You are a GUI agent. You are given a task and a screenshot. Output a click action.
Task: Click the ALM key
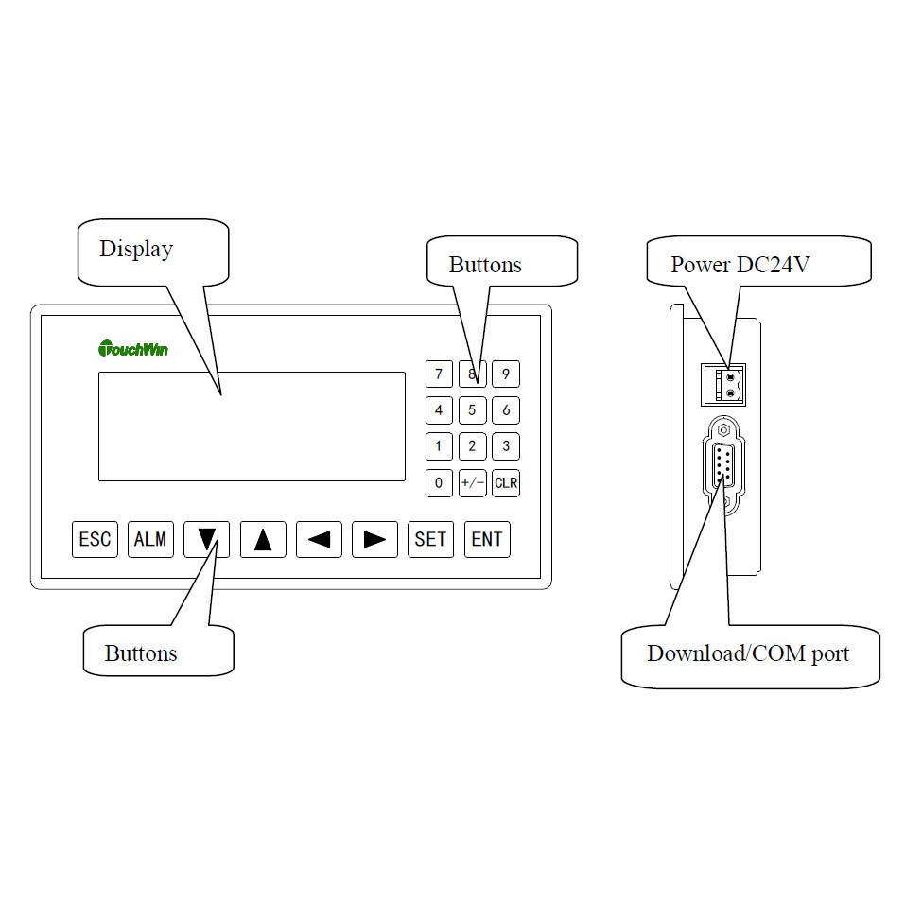coord(150,540)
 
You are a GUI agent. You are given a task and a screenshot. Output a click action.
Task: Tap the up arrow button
coord(263,540)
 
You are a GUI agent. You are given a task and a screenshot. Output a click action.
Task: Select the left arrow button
coord(320,540)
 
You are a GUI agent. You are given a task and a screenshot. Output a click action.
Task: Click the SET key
coord(430,540)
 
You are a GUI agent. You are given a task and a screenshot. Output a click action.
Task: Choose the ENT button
coord(487,540)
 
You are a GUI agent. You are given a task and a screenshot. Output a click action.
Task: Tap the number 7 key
coord(439,374)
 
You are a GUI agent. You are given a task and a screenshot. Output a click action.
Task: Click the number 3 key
coord(506,446)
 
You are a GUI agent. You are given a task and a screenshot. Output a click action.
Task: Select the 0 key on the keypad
coord(439,483)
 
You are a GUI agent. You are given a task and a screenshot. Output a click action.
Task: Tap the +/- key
coord(473,483)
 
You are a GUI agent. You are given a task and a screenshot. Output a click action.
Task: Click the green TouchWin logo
coord(133,349)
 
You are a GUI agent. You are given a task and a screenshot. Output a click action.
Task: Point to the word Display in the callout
coord(136,250)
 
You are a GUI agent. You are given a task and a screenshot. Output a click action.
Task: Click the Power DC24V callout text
coord(740,265)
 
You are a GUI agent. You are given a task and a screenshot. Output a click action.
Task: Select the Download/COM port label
coord(748,654)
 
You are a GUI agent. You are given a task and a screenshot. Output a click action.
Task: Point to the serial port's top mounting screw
coord(723,430)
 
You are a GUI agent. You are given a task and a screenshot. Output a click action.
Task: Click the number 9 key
coord(506,374)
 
